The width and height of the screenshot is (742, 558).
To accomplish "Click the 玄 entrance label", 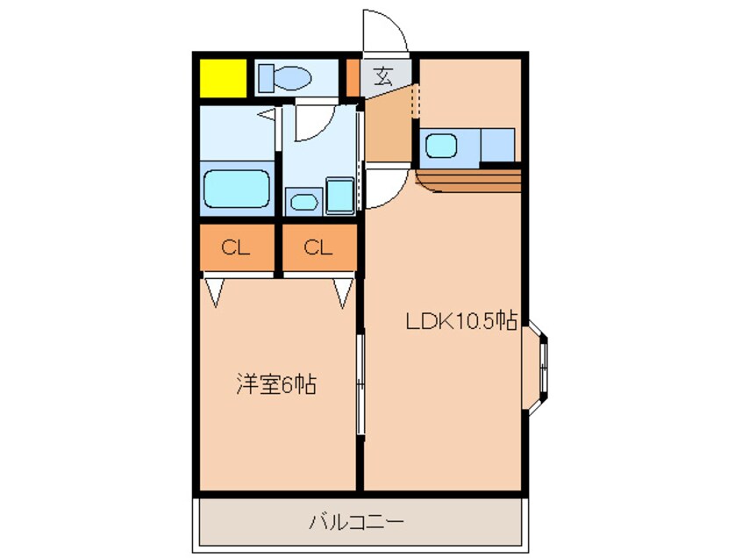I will [x=383, y=76].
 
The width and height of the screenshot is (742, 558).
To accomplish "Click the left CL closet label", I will [x=235, y=247].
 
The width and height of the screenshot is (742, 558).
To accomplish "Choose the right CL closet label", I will [x=318, y=247].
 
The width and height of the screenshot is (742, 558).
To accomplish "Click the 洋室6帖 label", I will [x=276, y=383].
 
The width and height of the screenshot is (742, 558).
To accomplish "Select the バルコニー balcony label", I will [x=355, y=522].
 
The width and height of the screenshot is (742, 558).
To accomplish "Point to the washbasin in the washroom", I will [x=303, y=201].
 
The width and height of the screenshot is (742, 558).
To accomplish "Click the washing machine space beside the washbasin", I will [x=339, y=196].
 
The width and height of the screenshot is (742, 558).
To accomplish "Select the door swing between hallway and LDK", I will [x=383, y=187].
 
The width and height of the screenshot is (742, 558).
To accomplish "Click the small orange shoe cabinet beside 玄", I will [x=353, y=77].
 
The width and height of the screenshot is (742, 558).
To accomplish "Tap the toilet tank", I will [x=265, y=78].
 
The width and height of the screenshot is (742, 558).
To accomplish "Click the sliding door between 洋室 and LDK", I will [x=360, y=382].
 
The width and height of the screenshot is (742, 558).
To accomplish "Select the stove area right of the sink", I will [x=497, y=145].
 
